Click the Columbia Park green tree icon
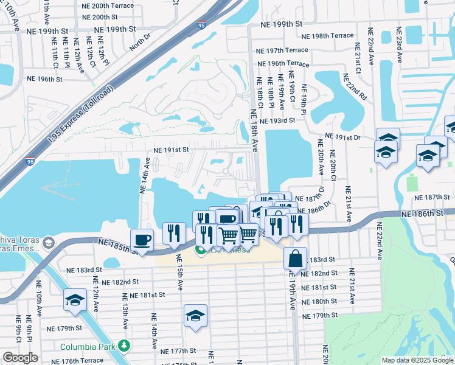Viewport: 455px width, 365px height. pos(124,346)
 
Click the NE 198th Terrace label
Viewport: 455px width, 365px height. pos(331,36)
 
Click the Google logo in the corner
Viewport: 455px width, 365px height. pos(20,357)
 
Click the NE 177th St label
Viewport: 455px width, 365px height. pos(178,351)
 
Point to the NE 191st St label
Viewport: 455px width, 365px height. pos(171,149)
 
